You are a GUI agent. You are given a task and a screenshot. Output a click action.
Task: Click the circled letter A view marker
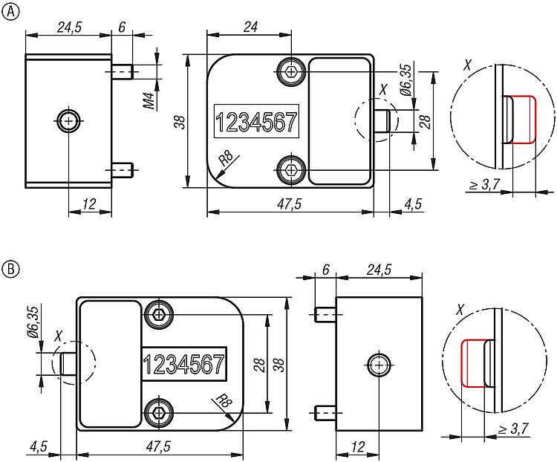[x=10, y=11]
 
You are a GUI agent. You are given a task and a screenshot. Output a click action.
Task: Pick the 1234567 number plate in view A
[x=255, y=122]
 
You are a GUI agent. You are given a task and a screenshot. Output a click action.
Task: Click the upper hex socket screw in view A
[x=290, y=71]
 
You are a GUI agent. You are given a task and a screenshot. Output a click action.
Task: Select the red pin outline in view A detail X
[x=521, y=119]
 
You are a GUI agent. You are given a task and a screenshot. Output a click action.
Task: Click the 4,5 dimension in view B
[x=39, y=446]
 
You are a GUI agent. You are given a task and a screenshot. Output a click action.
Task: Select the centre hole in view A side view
[x=68, y=120]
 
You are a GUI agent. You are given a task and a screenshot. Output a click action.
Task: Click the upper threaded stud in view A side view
[x=123, y=72]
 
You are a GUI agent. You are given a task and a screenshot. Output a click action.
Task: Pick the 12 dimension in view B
[x=357, y=446]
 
